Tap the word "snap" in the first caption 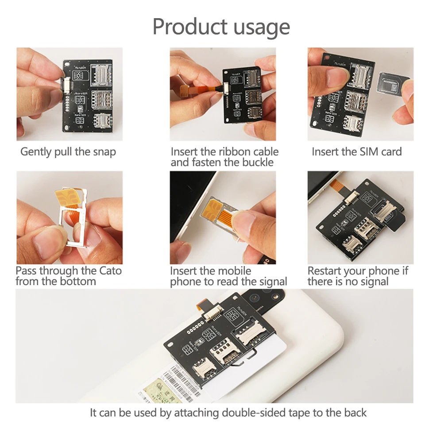click(x=104, y=152)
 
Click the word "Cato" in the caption click(x=108, y=270)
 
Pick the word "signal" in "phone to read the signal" click(x=270, y=282)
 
